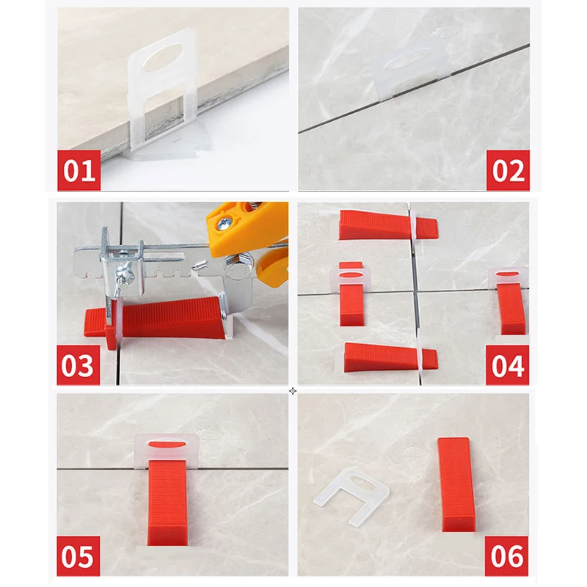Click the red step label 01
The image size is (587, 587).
click(x=79, y=170)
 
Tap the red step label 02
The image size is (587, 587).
click(x=508, y=170)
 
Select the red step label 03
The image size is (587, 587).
click(x=79, y=365)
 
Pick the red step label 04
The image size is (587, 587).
click(x=507, y=365)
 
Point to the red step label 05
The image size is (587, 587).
click(x=79, y=556)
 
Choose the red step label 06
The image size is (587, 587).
click(x=506, y=556)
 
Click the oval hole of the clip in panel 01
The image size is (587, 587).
click(x=163, y=57)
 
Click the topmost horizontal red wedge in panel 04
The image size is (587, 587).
click(x=387, y=225)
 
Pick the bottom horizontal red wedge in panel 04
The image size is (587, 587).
click(x=390, y=357)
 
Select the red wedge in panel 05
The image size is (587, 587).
click(x=167, y=502)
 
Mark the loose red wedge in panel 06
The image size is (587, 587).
click(x=456, y=484)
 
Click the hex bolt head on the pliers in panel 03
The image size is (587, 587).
click(x=236, y=269)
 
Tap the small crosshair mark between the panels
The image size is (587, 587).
click(x=293, y=391)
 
